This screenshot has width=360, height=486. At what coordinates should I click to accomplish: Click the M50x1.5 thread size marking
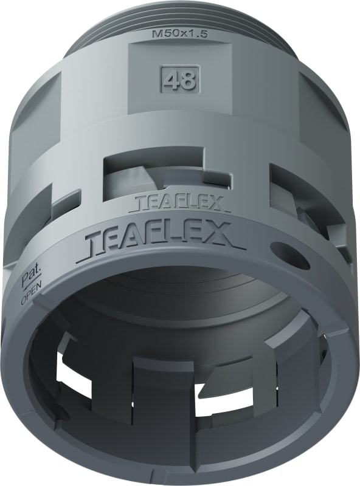pyautogui.click(x=179, y=36)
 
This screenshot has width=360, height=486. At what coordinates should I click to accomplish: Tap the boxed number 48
pyautogui.click(x=179, y=81)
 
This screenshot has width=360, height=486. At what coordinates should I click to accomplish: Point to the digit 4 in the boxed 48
pyautogui.click(x=173, y=81)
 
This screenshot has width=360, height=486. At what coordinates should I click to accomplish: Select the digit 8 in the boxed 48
pyautogui.click(x=187, y=81)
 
